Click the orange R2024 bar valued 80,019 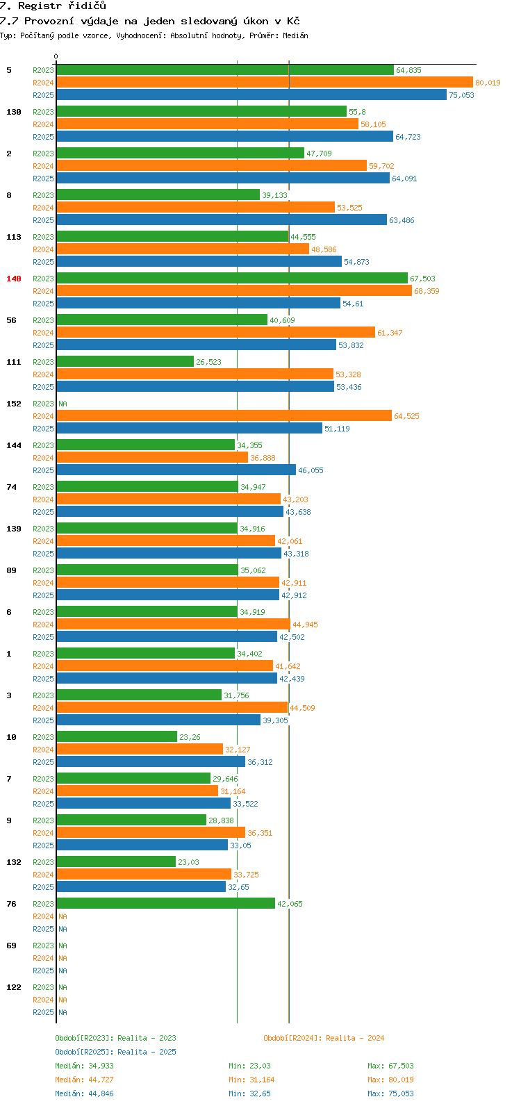click(264, 83)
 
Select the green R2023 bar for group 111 click(125, 362)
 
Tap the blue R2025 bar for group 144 click(176, 470)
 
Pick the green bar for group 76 click(165, 904)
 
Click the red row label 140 click(14, 279)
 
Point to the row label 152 click(14, 404)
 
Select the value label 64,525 click(406, 416)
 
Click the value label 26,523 click(208, 362)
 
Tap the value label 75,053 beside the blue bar click(461, 95)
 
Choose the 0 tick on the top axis click(56, 57)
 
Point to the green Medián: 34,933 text click(84, 1066)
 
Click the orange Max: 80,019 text click(390, 1080)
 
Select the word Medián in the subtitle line click(295, 35)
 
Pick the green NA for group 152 click(63, 404)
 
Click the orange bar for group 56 click(215, 333)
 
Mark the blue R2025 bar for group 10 click(151, 762)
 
